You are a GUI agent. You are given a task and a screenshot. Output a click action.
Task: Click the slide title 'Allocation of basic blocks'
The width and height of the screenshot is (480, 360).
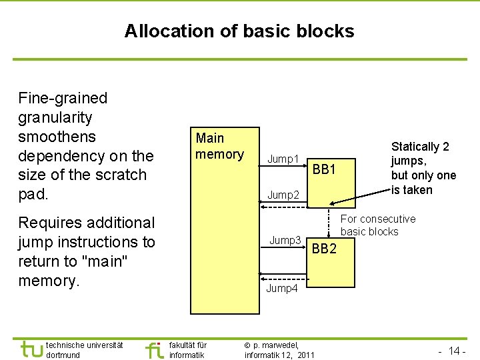(x=239, y=31)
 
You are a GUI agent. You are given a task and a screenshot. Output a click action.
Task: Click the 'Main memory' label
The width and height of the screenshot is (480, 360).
(x=219, y=146)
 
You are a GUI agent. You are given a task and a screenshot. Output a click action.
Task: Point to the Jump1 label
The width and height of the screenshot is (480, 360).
(x=283, y=159)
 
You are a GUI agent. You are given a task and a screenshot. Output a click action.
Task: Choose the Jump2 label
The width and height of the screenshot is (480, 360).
(x=283, y=195)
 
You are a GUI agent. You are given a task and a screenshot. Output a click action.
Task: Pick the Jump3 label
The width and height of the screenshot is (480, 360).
(x=285, y=240)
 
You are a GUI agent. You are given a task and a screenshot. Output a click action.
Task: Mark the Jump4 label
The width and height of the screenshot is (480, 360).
(x=282, y=288)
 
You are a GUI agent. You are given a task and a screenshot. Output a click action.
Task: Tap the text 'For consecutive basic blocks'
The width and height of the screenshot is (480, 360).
(x=377, y=225)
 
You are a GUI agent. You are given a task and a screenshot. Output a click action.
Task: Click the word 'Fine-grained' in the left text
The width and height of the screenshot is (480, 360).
(x=63, y=98)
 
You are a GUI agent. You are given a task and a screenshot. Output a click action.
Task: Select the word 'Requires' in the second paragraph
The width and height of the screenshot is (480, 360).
(x=53, y=223)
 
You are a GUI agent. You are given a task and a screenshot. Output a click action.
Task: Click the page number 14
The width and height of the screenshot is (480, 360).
(x=454, y=351)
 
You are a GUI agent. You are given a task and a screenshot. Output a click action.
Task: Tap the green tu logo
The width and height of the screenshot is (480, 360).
(x=31, y=349)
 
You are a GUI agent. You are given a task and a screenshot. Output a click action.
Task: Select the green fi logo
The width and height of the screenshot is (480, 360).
(x=154, y=349)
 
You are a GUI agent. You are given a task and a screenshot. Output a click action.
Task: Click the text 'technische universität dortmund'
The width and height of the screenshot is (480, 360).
(x=84, y=349)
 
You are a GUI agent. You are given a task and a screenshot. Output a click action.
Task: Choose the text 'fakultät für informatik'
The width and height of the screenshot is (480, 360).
(x=188, y=349)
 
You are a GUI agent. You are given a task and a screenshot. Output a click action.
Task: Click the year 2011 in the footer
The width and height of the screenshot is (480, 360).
(x=303, y=355)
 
